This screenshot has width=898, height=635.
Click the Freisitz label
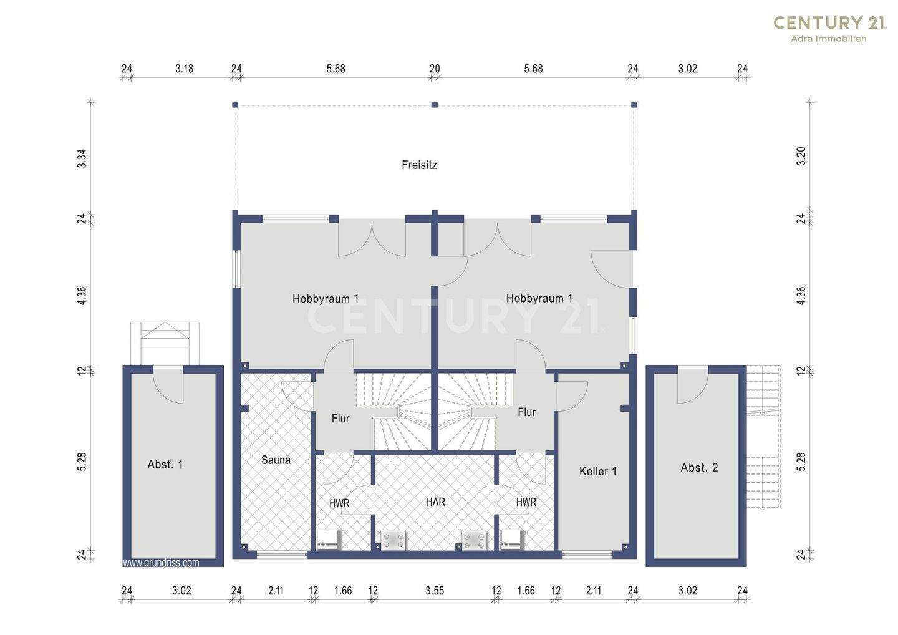(419, 165)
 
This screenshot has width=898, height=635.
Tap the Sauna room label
(276, 460)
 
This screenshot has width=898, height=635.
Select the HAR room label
(435, 502)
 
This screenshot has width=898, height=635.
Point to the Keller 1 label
(597, 472)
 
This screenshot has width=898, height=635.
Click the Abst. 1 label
(165, 465)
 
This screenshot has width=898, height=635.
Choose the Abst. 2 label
(699, 467)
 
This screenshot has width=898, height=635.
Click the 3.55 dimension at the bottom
(435, 591)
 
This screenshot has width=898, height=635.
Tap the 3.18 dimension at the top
(185, 69)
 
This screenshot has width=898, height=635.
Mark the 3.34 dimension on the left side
(82, 158)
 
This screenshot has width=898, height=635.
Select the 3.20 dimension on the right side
(801, 157)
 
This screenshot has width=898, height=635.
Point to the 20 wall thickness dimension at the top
(435, 69)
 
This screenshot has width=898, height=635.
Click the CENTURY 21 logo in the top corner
(828, 23)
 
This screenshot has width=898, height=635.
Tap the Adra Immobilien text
(828, 39)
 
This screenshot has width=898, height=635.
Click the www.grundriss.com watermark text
(161, 563)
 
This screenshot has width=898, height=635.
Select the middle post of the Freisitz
(435, 105)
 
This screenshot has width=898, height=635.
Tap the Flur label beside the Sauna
(340, 419)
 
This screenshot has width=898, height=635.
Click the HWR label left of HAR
(339, 503)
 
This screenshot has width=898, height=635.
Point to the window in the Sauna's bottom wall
(282, 555)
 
